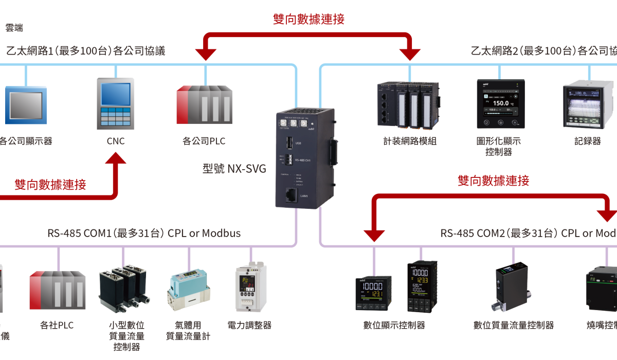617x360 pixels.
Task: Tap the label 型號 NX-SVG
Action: click(234, 168)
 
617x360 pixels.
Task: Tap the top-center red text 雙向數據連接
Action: click(308, 19)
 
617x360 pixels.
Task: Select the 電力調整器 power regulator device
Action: click(251, 288)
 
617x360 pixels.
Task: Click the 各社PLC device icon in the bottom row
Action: click(57, 290)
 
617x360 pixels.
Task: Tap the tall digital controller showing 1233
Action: click(422, 286)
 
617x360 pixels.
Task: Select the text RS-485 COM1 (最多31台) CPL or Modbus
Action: click(144, 233)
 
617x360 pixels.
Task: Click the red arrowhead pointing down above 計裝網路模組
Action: click(411, 52)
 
